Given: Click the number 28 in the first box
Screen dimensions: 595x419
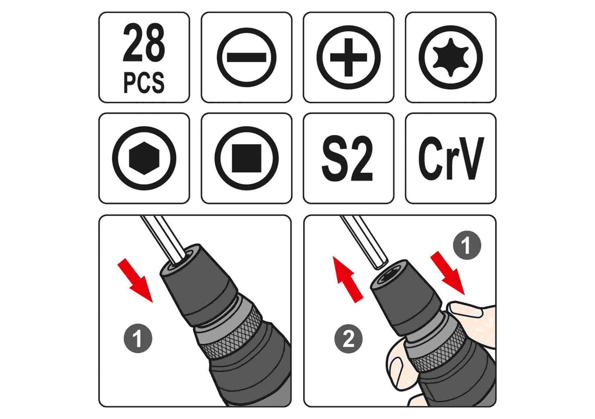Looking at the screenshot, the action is click(x=144, y=43).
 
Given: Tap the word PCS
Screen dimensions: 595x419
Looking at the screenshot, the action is click(x=144, y=83).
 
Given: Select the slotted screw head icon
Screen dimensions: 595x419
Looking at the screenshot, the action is click(x=246, y=57).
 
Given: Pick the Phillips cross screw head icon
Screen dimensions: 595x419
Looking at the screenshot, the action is click(x=348, y=57).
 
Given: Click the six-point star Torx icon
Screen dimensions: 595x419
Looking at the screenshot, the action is click(x=451, y=57).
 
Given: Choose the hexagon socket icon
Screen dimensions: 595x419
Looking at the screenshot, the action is click(x=144, y=158).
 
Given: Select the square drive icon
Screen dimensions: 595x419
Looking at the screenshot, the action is click(x=246, y=158).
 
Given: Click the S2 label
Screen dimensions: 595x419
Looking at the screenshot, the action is click(x=347, y=158).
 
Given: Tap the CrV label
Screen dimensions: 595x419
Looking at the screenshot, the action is click(x=451, y=158).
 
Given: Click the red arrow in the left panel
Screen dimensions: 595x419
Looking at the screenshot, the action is click(x=135, y=280).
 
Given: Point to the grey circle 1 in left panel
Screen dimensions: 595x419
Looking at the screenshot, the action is click(x=138, y=339).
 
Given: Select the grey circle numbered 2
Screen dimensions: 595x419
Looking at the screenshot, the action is click(x=348, y=339).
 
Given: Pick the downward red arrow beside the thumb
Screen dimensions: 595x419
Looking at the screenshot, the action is click(x=448, y=273).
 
